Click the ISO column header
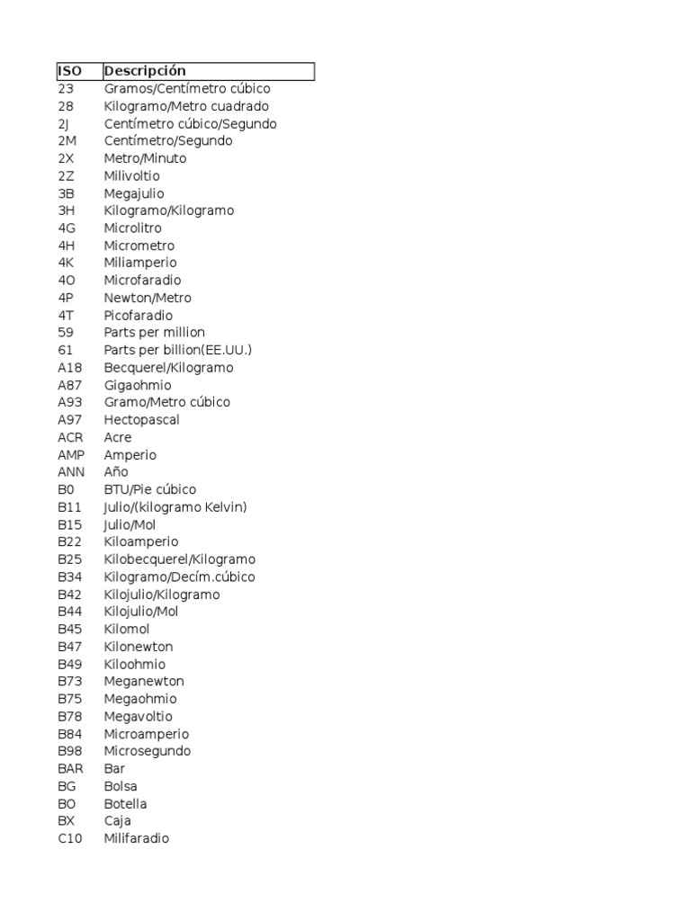click(69, 71)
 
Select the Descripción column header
click(145, 71)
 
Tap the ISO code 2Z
click(66, 176)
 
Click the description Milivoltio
click(131, 176)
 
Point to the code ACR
click(70, 437)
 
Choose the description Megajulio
click(134, 193)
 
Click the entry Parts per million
click(154, 333)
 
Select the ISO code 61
click(65, 350)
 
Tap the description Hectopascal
click(141, 420)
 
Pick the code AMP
click(71, 455)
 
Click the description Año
click(116, 472)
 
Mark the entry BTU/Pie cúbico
click(149, 489)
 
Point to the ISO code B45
click(69, 629)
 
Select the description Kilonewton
click(139, 647)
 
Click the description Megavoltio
click(139, 716)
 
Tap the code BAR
click(70, 768)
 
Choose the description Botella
click(125, 803)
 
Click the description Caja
click(117, 820)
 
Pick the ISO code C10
click(69, 838)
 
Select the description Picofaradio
click(138, 316)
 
